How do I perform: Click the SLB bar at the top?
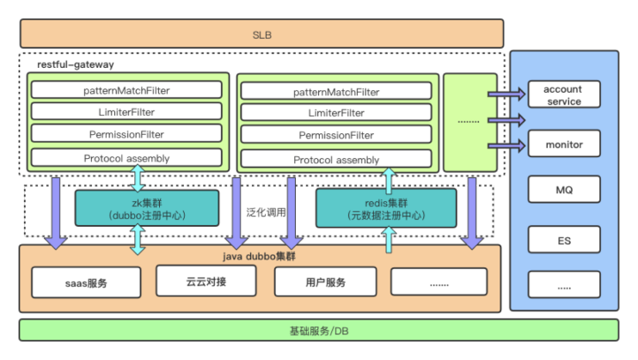click(x=261, y=34)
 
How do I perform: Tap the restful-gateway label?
click(x=76, y=64)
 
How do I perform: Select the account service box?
click(x=564, y=95)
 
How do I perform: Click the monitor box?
click(x=564, y=144)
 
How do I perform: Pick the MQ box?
click(x=564, y=191)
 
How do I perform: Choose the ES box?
click(x=564, y=238)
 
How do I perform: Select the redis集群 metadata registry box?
click(x=388, y=208)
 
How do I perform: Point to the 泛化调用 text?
click(x=266, y=211)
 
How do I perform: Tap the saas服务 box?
click(x=86, y=282)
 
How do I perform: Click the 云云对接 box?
click(x=206, y=280)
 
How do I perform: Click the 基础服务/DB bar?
click(x=318, y=331)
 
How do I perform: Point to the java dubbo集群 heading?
click(x=259, y=256)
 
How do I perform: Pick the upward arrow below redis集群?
click(x=388, y=240)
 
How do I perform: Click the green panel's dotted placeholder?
click(x=469, y=122)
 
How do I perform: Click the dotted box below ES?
click(x=564, y=284)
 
